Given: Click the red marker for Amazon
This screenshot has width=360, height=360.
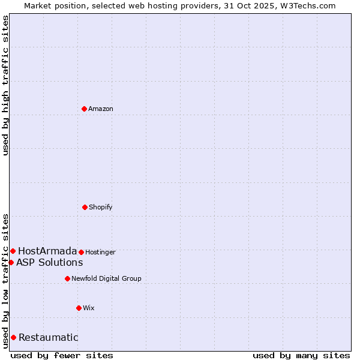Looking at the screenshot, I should coord(85,109).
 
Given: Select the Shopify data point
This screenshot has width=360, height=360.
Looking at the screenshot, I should coord(85,207).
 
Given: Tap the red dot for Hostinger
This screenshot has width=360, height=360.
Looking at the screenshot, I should coord(81,252).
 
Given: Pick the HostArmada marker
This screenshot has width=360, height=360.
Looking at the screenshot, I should coord(13,251).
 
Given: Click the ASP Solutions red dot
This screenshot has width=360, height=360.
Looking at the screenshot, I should coord(11,262).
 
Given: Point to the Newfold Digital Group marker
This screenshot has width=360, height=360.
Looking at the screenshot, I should coord(67,278).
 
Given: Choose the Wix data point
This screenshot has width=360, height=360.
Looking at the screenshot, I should coord(79,308).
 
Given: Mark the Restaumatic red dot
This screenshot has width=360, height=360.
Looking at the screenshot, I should coord(13,337).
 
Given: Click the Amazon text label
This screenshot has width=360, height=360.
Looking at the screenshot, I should coord(101,109).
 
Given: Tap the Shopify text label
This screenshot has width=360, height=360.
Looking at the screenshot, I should coord(101,207).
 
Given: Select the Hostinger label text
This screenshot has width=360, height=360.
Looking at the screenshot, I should coord(100,252).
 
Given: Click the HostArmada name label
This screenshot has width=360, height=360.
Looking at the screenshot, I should coord(47,251).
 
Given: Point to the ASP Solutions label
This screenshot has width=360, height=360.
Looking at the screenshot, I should coord(50,262).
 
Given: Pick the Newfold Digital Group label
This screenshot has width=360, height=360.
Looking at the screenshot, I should coord(107,278).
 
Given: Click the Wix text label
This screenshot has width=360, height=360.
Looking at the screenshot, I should coord(89,308).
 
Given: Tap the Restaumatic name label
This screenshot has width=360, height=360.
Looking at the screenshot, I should coord(49,337).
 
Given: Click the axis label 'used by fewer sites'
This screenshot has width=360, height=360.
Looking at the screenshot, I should coord(62,355).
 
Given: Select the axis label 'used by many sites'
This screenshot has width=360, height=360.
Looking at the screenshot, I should coord(301,355).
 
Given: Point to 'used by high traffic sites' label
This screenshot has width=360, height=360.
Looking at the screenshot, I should coord(6,86).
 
